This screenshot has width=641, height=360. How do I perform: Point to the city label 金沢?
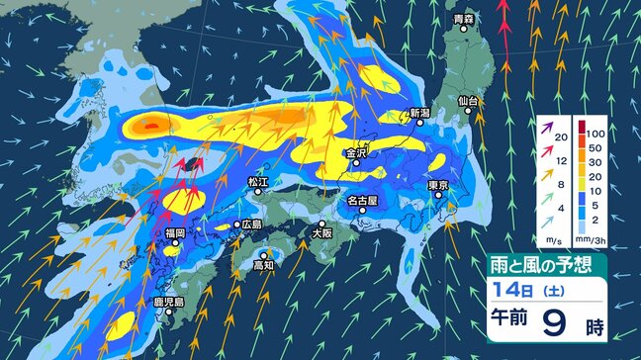click(357, 153)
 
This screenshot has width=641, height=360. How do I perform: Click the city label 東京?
click(440, 186)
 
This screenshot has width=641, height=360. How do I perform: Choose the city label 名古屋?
click(362, 201)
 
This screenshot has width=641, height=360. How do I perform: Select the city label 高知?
click(262, 265)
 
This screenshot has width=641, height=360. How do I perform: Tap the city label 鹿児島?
click(153, 301)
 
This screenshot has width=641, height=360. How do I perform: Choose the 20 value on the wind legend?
click(559, 137)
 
